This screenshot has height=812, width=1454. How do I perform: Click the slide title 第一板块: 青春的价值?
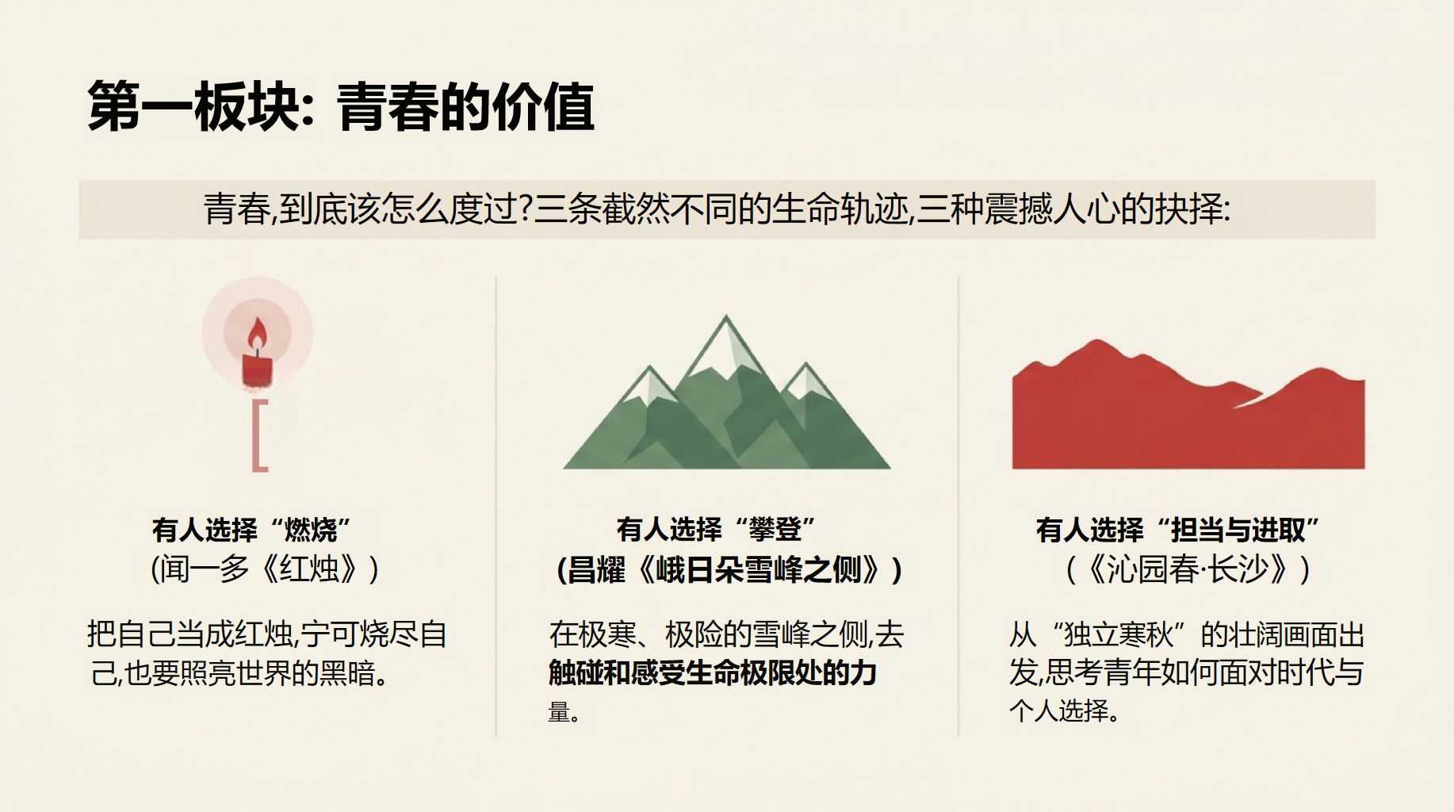pyautogui.click(x=341, y=106)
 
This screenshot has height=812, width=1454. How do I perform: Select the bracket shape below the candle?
pyautogui.click(x=259, y=435)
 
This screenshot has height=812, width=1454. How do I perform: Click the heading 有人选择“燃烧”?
pyautogui.click(x=251, y=529)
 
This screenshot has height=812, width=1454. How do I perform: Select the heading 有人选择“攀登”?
pyautogui.click(x=716, y=529)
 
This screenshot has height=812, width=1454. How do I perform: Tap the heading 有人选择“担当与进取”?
pyautogui.click(x=1177, y=530)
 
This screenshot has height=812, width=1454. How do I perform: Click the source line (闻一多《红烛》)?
pyautogui.click(x=265, y=569)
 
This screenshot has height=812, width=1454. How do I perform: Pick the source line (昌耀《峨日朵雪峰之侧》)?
pyautogui.click(x=730, y=569)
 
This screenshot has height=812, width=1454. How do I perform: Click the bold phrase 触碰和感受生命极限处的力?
pyautogui.click(x=713, y=672)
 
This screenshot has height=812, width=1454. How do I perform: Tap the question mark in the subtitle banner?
pyautogui.click(x=524, y=209)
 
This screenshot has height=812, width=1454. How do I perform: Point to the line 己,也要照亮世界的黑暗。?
pyautogui.click(x=239, y=673)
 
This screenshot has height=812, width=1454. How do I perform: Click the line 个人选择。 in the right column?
pyautogui.click(x=1065, y=710)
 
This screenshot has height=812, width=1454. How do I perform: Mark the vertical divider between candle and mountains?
pyautogui.click(x=496, y=507)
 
